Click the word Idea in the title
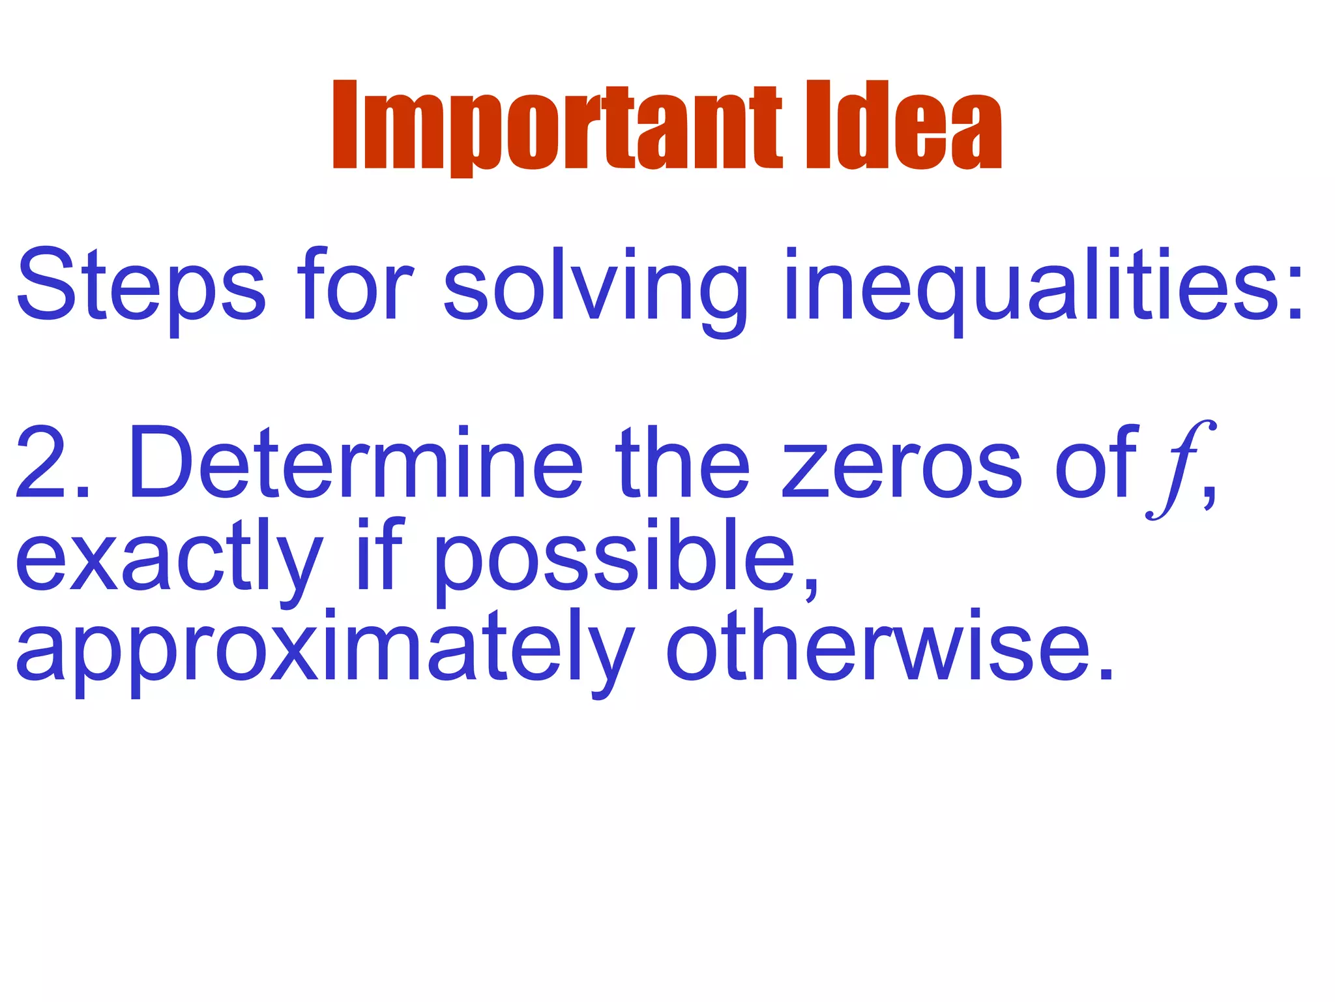pyautogui.click(x=903, y=125)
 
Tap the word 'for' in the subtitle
pyautogui.click(x=355, y=284)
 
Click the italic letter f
pyautogui.click(x=1179, y=468)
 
